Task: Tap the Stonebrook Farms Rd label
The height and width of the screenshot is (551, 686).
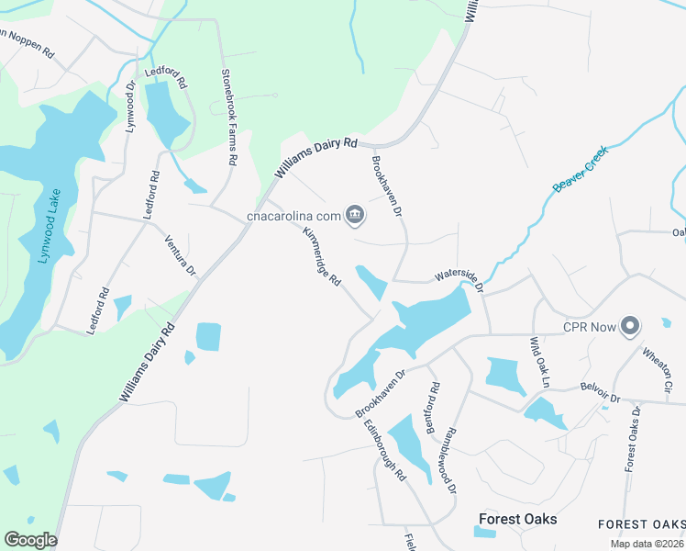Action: point(229,116)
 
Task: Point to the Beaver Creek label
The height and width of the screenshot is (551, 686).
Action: point(575,174)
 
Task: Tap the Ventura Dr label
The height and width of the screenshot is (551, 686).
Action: point(180,255)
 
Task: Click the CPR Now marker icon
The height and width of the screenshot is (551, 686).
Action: point(630,326)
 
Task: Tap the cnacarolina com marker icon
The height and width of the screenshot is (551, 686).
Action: point(356,217)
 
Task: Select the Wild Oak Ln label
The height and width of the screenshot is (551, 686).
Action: point(537,362)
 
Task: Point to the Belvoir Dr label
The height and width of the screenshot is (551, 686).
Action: point(601,394)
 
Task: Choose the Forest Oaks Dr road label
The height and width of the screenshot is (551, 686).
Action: point(632,438)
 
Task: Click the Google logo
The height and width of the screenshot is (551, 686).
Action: point(30,540)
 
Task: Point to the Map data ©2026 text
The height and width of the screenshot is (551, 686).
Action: point(647,544)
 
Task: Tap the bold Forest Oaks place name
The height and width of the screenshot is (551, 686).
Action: point(516,520)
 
